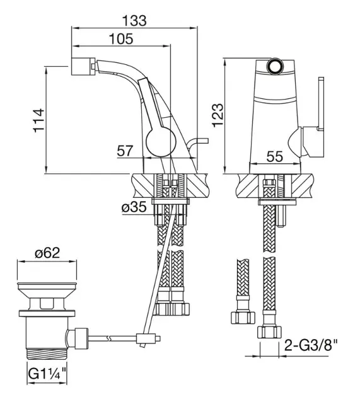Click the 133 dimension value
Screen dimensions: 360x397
(134, 21)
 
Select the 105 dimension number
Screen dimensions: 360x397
(121, 39)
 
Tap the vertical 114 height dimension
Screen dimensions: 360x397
(38, 120)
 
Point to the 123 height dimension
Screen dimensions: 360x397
(218, 115)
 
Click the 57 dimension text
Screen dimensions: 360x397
(125, 151)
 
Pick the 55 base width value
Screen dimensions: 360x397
(274, 157)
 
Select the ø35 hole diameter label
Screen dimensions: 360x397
(134, 207)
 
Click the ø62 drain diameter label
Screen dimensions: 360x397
(48, 253)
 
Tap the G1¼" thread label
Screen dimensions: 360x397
(47, 374)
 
